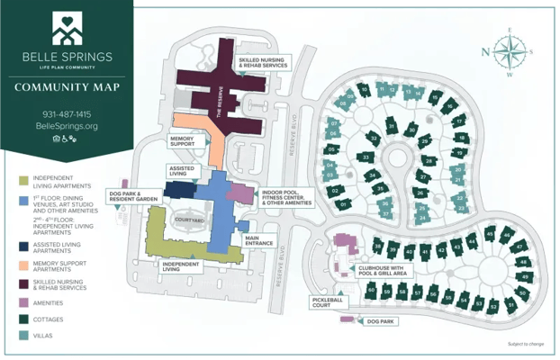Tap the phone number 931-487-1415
(67, 114)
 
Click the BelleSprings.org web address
(67, 127)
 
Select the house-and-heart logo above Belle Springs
(67, 29)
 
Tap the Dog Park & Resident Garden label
(134, 195)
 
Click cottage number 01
(344, 205)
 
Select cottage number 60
(371, 290)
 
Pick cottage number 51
(511, 305)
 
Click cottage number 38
(379, 247)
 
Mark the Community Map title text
(67, 87)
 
